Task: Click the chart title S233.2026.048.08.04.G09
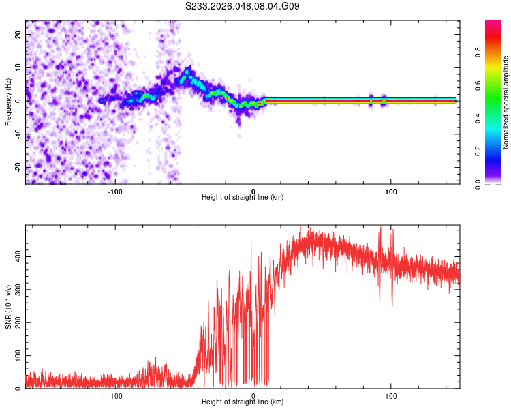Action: [243, 6]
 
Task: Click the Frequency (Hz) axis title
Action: [9, 102]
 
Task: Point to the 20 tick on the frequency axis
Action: [19, 34]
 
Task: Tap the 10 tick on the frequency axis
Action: [19, 67]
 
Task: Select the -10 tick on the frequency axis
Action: [18, 134]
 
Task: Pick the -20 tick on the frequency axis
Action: [18, 168]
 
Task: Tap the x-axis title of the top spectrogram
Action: [243, 198]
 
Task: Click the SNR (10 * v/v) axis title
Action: [9, 307]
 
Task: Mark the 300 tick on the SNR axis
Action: [16, 290]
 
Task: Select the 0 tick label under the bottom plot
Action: [253, 396]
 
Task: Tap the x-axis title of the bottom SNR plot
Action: [243, 403]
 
